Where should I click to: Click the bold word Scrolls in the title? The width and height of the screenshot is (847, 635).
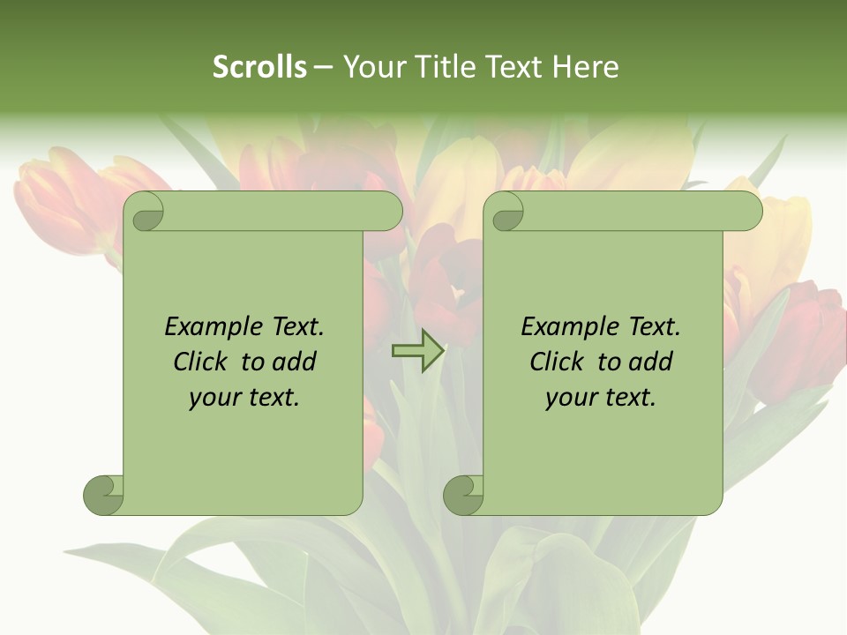(259, 67)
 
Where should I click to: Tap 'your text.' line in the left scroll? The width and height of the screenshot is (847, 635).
(244, 398)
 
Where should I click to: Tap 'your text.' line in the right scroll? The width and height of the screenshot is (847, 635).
(601, 398)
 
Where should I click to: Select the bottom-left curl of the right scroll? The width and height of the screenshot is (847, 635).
(463, 495)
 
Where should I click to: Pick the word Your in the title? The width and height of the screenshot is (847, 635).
(369, 67)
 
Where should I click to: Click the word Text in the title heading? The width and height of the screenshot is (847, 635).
(511, 67)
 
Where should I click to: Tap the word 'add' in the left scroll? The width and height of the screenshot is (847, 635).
(295, 362)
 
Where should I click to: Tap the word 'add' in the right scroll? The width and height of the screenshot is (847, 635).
(651, 362)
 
